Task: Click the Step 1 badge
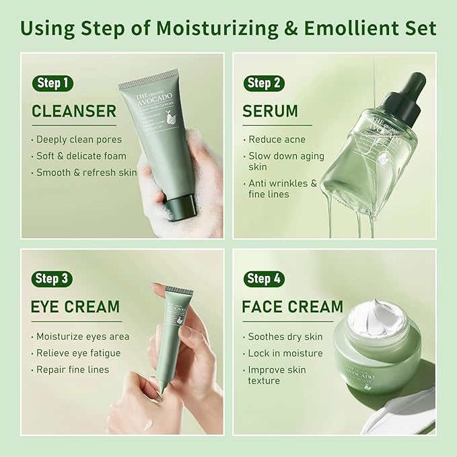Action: [52, 83]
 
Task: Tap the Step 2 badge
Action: [264, 83]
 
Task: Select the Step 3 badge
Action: [52, 278]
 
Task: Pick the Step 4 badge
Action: [264, 278]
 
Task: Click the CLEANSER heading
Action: [74, 111]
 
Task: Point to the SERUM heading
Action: [270, 111]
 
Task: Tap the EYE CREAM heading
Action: [75, 307]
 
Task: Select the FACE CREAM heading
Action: [292, 307]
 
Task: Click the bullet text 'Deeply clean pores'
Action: [79, 140]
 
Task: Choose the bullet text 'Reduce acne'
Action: [277, 140]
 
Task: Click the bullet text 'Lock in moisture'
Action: [285, 353]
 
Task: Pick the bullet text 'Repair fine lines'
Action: [73, 370]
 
